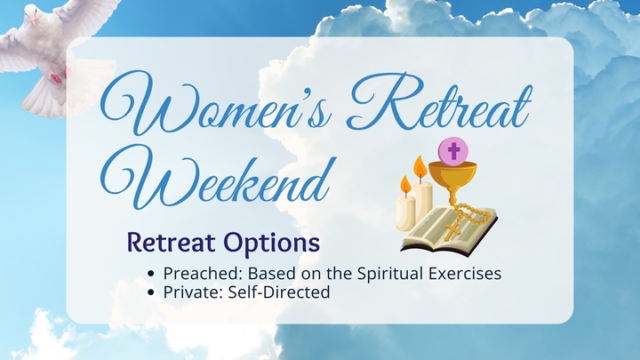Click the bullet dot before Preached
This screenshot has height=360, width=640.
[155, 275]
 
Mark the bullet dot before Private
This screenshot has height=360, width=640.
[155, 292]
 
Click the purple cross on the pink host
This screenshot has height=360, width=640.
[453, 150]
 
